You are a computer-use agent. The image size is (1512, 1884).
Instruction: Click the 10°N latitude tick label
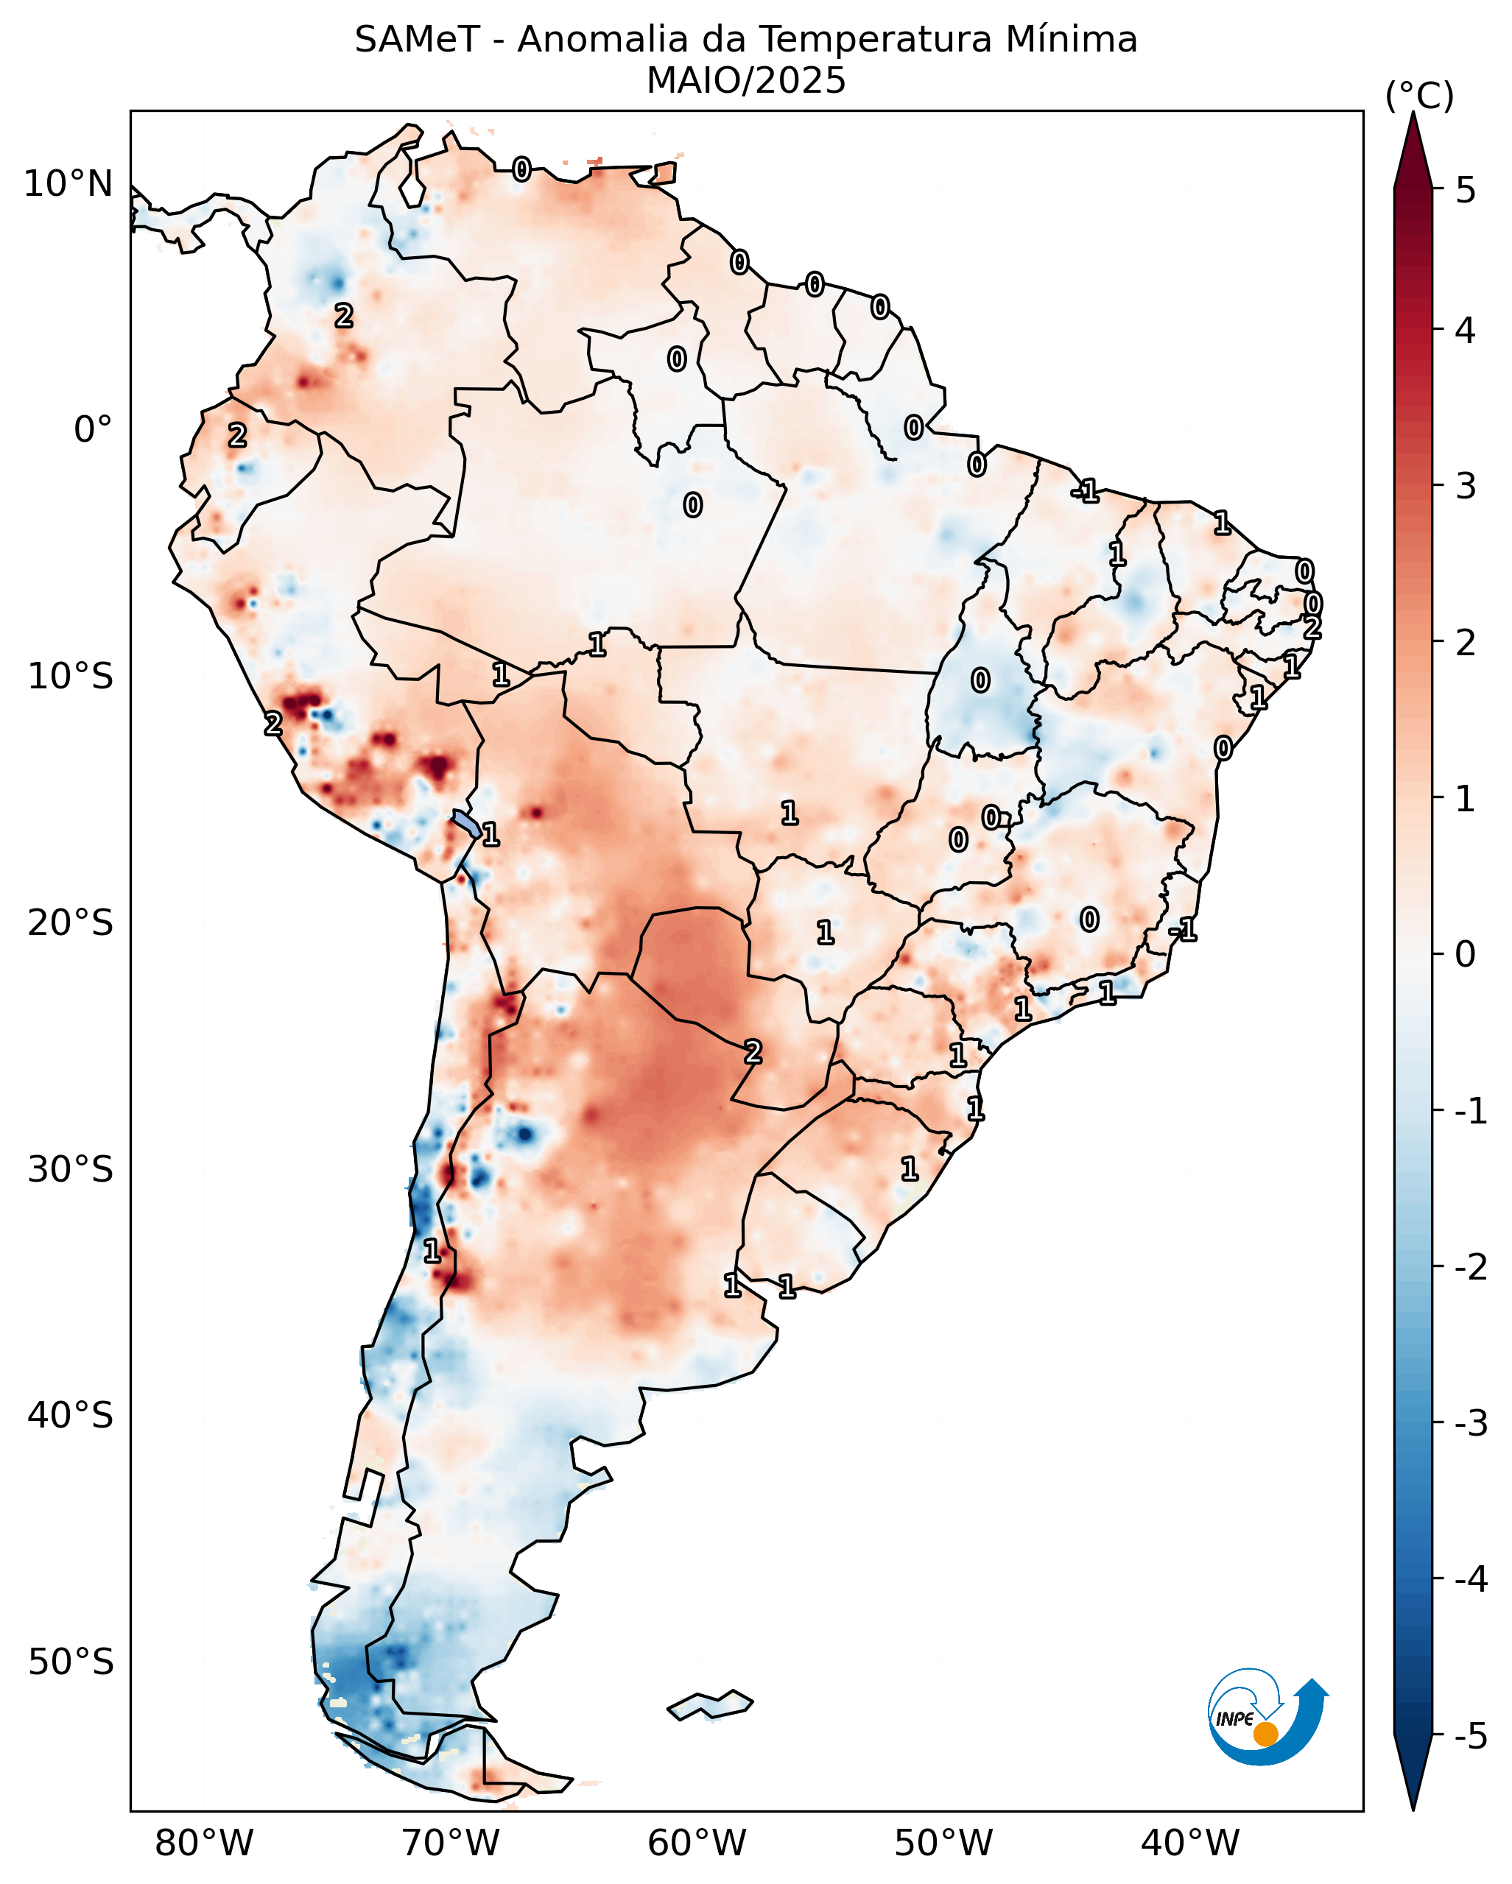(x=68, y=184)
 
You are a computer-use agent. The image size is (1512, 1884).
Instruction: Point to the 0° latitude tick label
(x=93, y=430)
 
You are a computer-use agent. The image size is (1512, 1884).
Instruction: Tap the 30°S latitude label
(x=71, y=1169)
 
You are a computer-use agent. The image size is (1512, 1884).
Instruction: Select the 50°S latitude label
(x=71, y=1662)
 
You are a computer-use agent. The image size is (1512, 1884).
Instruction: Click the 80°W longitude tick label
(x=204, y=1843)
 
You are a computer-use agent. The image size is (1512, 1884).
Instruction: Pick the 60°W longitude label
(x=697, y=1843)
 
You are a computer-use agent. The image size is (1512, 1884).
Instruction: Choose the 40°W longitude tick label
(x=1189, y=1843)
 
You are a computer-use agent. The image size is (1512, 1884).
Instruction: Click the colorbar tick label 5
(x=1466, y=191)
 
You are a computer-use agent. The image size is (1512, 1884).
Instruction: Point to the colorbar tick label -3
(x=1471, y=1423)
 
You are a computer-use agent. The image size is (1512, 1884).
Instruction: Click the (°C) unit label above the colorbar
(x=1419, y=96)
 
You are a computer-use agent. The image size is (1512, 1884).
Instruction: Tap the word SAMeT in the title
(x=417, y=40)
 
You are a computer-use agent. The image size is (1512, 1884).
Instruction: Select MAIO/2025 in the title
(x=746, y=80)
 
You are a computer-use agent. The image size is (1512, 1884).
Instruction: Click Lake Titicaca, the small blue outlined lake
(x=466, y=822)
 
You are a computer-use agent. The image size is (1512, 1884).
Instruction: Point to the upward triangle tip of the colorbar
(x=1413, y=113)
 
